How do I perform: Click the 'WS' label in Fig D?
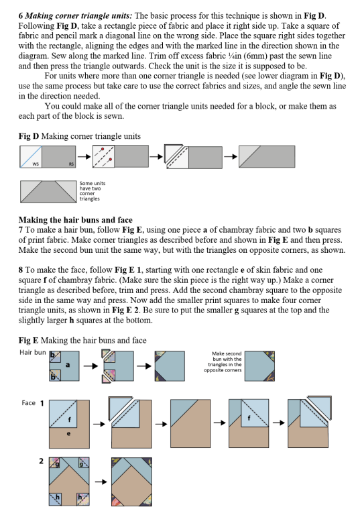[x=36, y=164]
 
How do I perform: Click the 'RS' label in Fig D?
[x=71, y=164]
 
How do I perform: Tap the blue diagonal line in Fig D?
[x=31, y=157]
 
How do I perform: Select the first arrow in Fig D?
[x=84, y=157]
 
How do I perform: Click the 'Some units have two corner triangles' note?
[x=93, y=191]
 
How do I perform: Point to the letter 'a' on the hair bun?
[x=68, y=365]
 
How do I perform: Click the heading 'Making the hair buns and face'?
[x=76, y=220]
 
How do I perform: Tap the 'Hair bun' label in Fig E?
[x=33, y=353]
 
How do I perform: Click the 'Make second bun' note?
[x=223, y=361]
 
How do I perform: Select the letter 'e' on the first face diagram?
[x=68, y=434]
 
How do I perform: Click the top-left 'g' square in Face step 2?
[x=54, y=463]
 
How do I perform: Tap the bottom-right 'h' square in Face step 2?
[x=84, y=499]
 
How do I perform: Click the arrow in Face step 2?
[x=101, y=482]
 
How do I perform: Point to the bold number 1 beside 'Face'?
[x=42, y=403]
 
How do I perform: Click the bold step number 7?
[x=21, y=230]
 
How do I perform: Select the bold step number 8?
[x=21, y=270]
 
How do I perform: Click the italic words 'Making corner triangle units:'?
[x=79, y=16]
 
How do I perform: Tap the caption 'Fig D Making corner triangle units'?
[x=80, y=136]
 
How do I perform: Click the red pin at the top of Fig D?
[x=103, y=149]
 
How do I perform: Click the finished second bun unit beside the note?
[x=260, y=366]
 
